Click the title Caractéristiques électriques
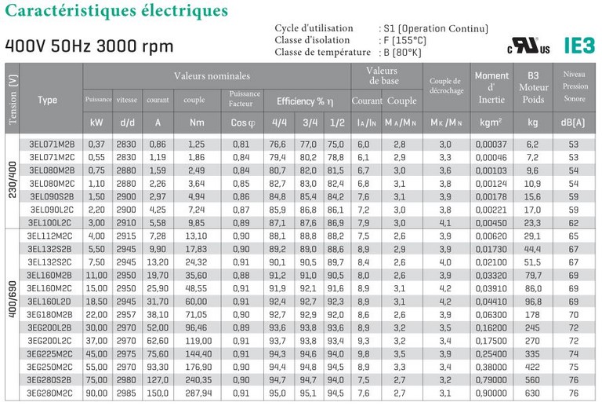pyautogui.click(x=118, y=12)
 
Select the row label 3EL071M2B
pyautogui.click(x=51, y=144)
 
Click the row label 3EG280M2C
pyautogui.click(x=51, y=393)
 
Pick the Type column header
pyautogui.click(x=48, y=100)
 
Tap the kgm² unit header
pyautogui.click(x=491, y=123)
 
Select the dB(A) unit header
pyautogui.click(x=575, y=123)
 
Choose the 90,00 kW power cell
pyautogui.click(x=97, y=393)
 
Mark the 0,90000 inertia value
pyautogui.click(x=491, y=393)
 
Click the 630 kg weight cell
pyautogui.click(x=533, y=393)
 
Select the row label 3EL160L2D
pyautogui.click(x=51, y=302)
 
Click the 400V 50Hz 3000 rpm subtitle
pyautogui.click(x=89, y=45)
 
